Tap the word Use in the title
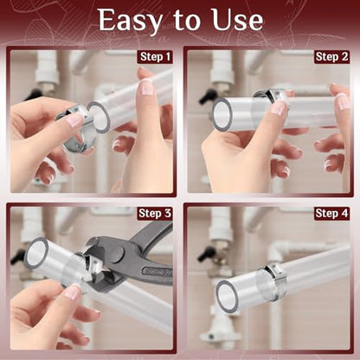(x=237, y=20)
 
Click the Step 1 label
(x=155, y=57)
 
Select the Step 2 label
(x=331, y=57)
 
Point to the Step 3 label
(x=155, y=214)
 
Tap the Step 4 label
(x=331, y=214)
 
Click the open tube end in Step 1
(x=99, y=117)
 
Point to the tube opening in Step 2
(x=222, y=114)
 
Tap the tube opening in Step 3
(x=36, y=253)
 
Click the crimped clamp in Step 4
(x=274, y=280)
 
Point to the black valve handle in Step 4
(x=205, y=254)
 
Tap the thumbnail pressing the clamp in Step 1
(x=74, y=120)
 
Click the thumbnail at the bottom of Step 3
(x=73, y=292)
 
